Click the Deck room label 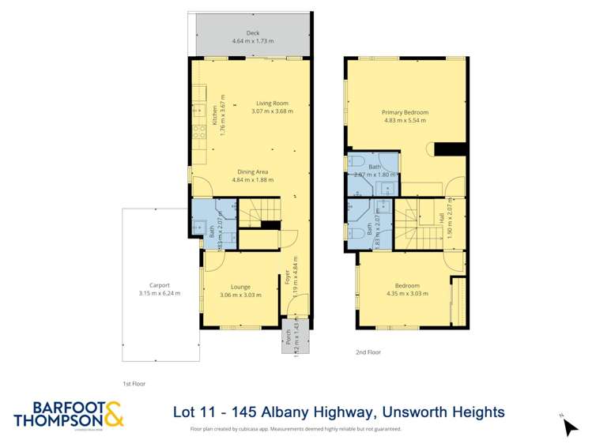(x=252, y=32)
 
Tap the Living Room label (x=272, y=103)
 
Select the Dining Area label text (x=253, y=171)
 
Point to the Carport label (x=159, y=285)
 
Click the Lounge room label (x=240, y=287)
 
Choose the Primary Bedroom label (x=405, y=113)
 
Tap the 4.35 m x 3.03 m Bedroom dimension (x=407, y=293)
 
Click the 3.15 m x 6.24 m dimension (x=159, y=293)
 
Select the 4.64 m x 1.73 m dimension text (x=252, y=41)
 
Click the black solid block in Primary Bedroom (x=451, y=149)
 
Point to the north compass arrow (x=569, y=427)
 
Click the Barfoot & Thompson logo (x=69, y=414)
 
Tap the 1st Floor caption (x=134, y=383)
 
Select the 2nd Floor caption (x=368, y=352)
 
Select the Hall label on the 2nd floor (x=441, y=218)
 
